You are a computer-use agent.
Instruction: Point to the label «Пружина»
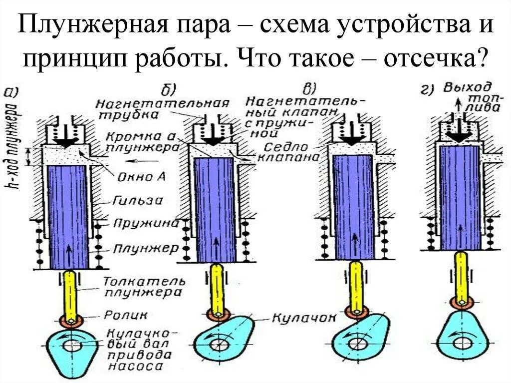(x=144, y=223)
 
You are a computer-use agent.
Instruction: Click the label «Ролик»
(x=118, y=315)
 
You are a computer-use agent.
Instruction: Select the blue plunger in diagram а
(x=68, y=217)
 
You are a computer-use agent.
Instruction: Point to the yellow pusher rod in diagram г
(x=461, y=274)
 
